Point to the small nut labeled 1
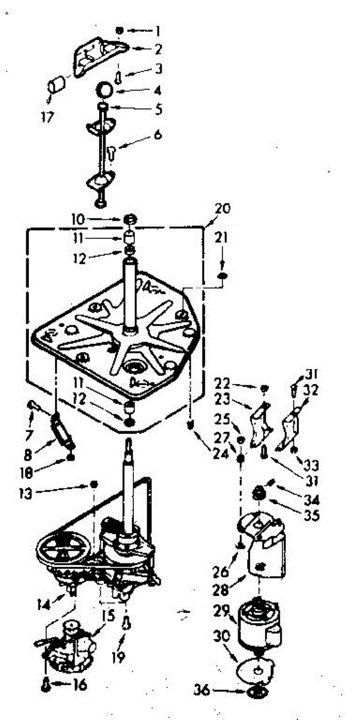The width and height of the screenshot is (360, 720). (120, 30)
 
